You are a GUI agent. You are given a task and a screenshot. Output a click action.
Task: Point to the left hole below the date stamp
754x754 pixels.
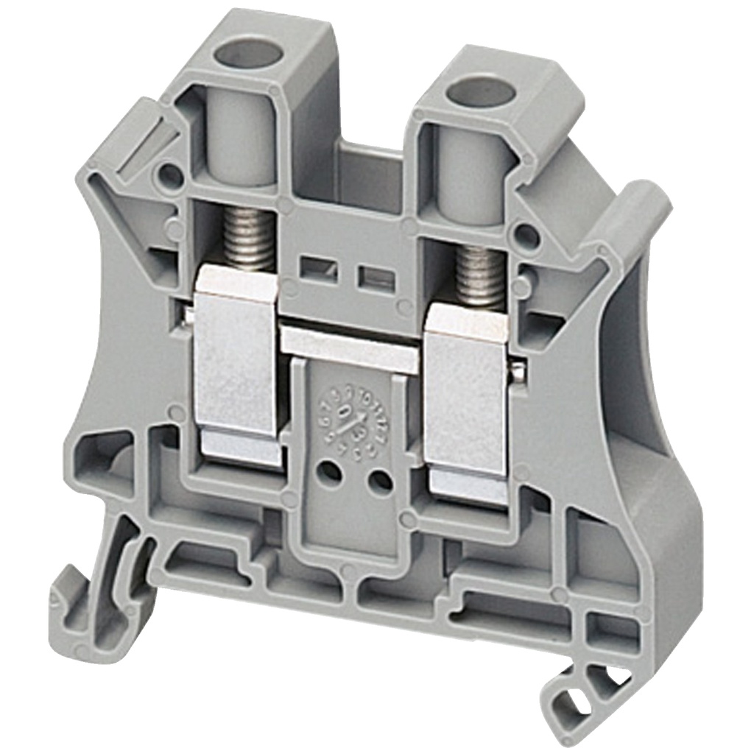(331, 472)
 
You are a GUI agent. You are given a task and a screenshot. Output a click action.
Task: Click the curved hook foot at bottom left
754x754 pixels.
(81, 604)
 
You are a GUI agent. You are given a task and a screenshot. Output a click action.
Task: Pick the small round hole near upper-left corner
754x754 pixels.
(170, 175)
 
